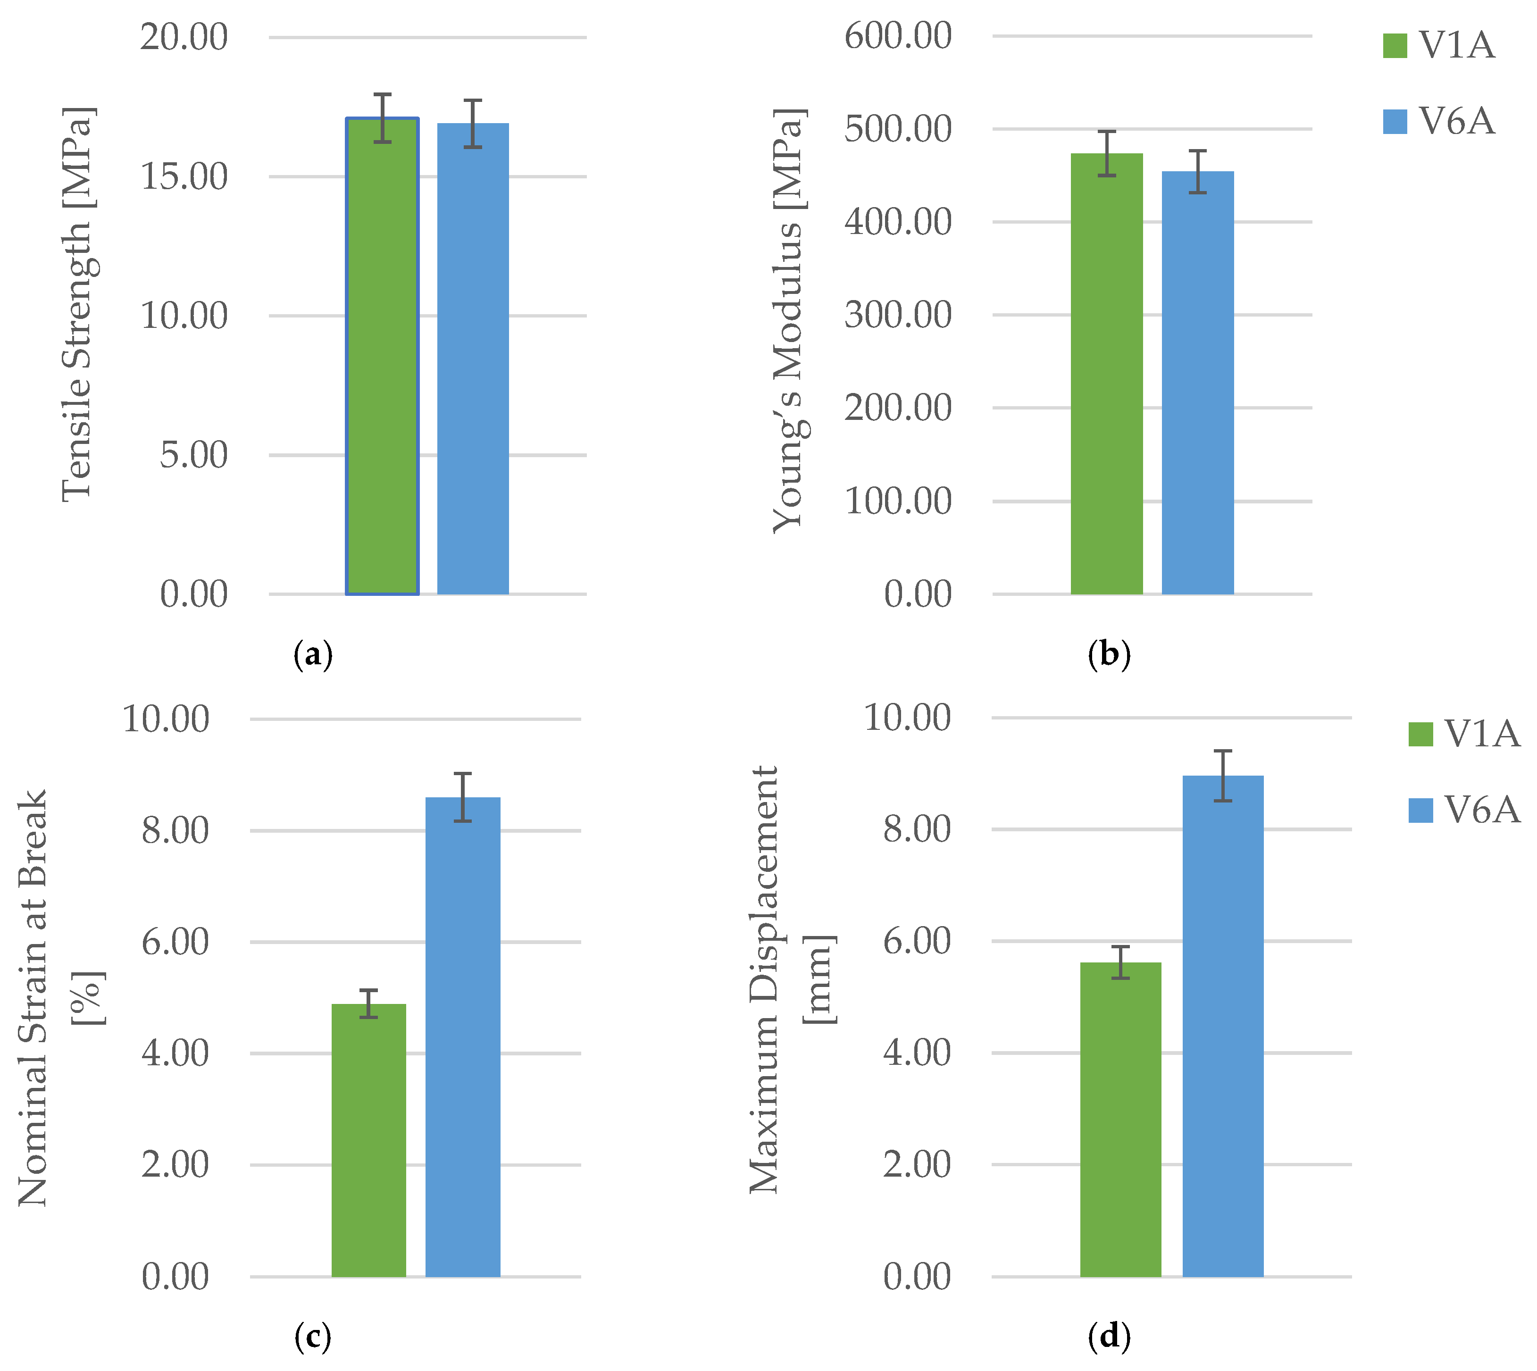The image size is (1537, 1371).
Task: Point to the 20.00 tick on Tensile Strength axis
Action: click(x=184, y=37)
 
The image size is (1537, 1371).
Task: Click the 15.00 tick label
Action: click(x=184, y=177)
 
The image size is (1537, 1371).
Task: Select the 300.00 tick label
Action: click(x=898, y=315)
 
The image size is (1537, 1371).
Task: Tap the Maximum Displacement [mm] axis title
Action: click(x=791, y=979)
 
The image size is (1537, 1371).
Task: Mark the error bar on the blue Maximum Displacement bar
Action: click(x=1222, y=776)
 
